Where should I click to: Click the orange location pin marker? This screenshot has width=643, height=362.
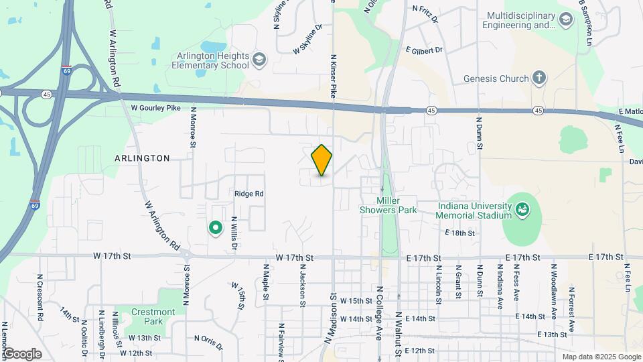321,160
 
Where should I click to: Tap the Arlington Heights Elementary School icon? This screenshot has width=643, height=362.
259,62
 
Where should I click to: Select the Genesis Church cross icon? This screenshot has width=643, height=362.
539,78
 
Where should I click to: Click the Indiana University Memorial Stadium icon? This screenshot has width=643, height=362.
521,210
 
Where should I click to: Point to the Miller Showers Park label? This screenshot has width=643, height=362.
397,205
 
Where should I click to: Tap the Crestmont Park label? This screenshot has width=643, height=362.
153,316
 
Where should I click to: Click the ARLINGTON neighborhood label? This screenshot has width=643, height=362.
142,158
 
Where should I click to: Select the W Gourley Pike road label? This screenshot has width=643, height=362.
157,107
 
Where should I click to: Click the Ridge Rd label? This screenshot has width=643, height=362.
249,194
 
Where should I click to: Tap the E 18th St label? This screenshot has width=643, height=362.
459,233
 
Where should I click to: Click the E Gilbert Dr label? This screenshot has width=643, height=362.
424,50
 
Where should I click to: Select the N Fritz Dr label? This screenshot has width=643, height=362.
425,15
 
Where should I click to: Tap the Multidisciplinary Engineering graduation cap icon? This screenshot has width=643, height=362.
567,20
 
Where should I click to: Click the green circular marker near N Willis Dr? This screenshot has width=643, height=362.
216,229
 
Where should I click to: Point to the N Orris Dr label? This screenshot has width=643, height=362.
208,343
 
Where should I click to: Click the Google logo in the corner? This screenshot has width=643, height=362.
22,354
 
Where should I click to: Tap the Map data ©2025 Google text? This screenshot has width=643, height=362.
601,357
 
